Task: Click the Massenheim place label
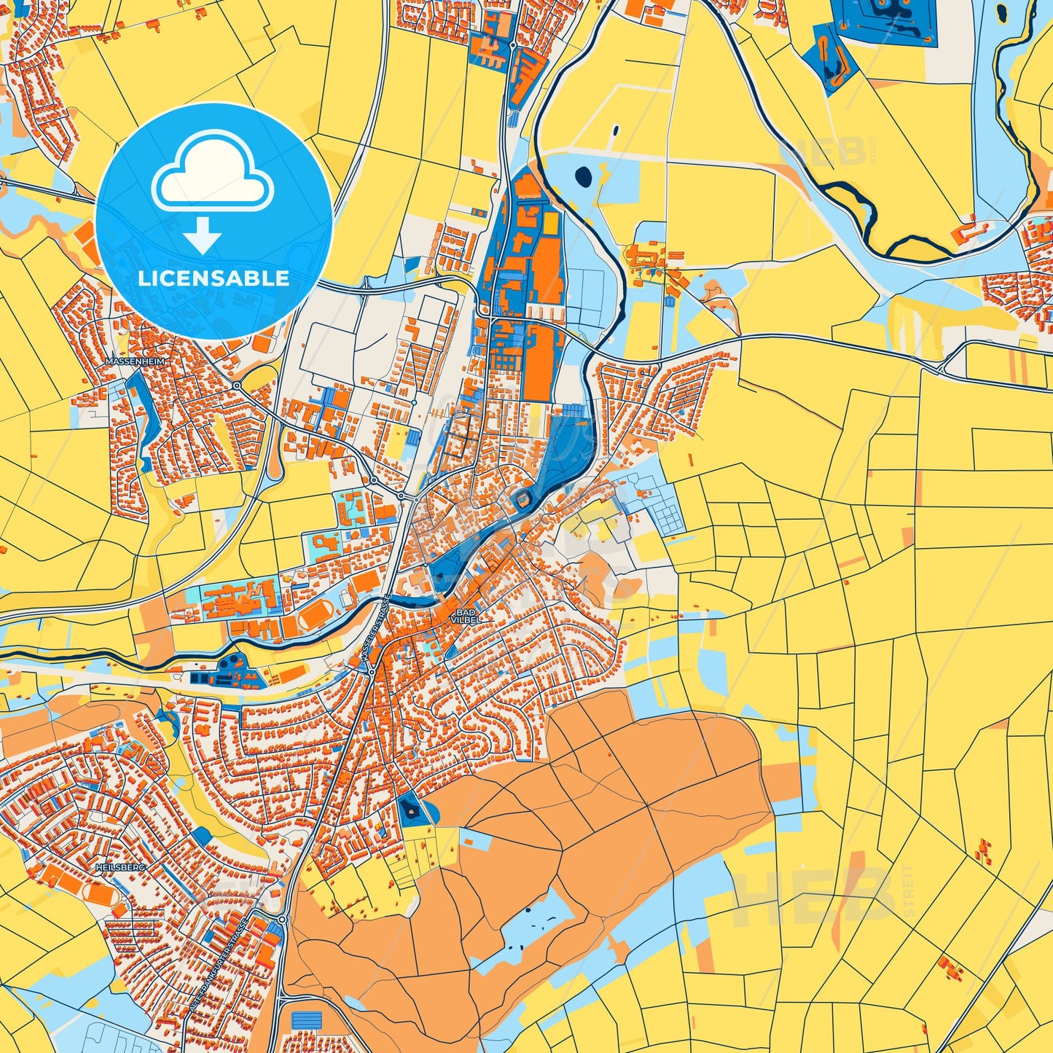coord(135,361)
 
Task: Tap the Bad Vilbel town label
coord(466,616)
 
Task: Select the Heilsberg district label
coord(120,868)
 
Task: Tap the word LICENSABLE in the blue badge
coord(214,278)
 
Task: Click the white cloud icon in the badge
coord(212,173)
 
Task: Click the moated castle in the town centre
coord(522,499)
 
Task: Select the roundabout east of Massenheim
coord(237,385)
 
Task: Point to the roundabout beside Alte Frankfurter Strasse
coord(281,920)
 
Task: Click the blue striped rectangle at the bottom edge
coord(306,1020)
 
